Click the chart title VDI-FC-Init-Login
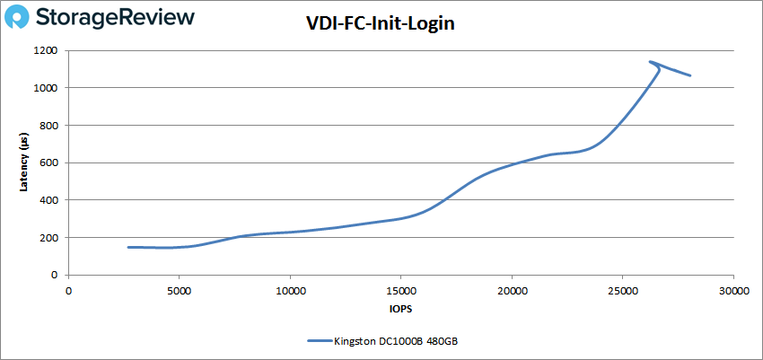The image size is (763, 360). point(381,25)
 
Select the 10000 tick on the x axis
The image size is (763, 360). point(290,291)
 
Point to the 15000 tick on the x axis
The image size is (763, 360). point(400,291)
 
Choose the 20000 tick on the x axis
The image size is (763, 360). point(512,291)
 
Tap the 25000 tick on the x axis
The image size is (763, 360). point(623,291)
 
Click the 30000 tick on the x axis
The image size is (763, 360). point(733,291)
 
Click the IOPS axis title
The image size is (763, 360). point(400,308)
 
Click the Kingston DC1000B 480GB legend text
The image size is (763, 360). point(395,340)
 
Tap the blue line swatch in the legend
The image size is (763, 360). point(319,340)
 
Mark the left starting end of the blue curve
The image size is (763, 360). point(129,247)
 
